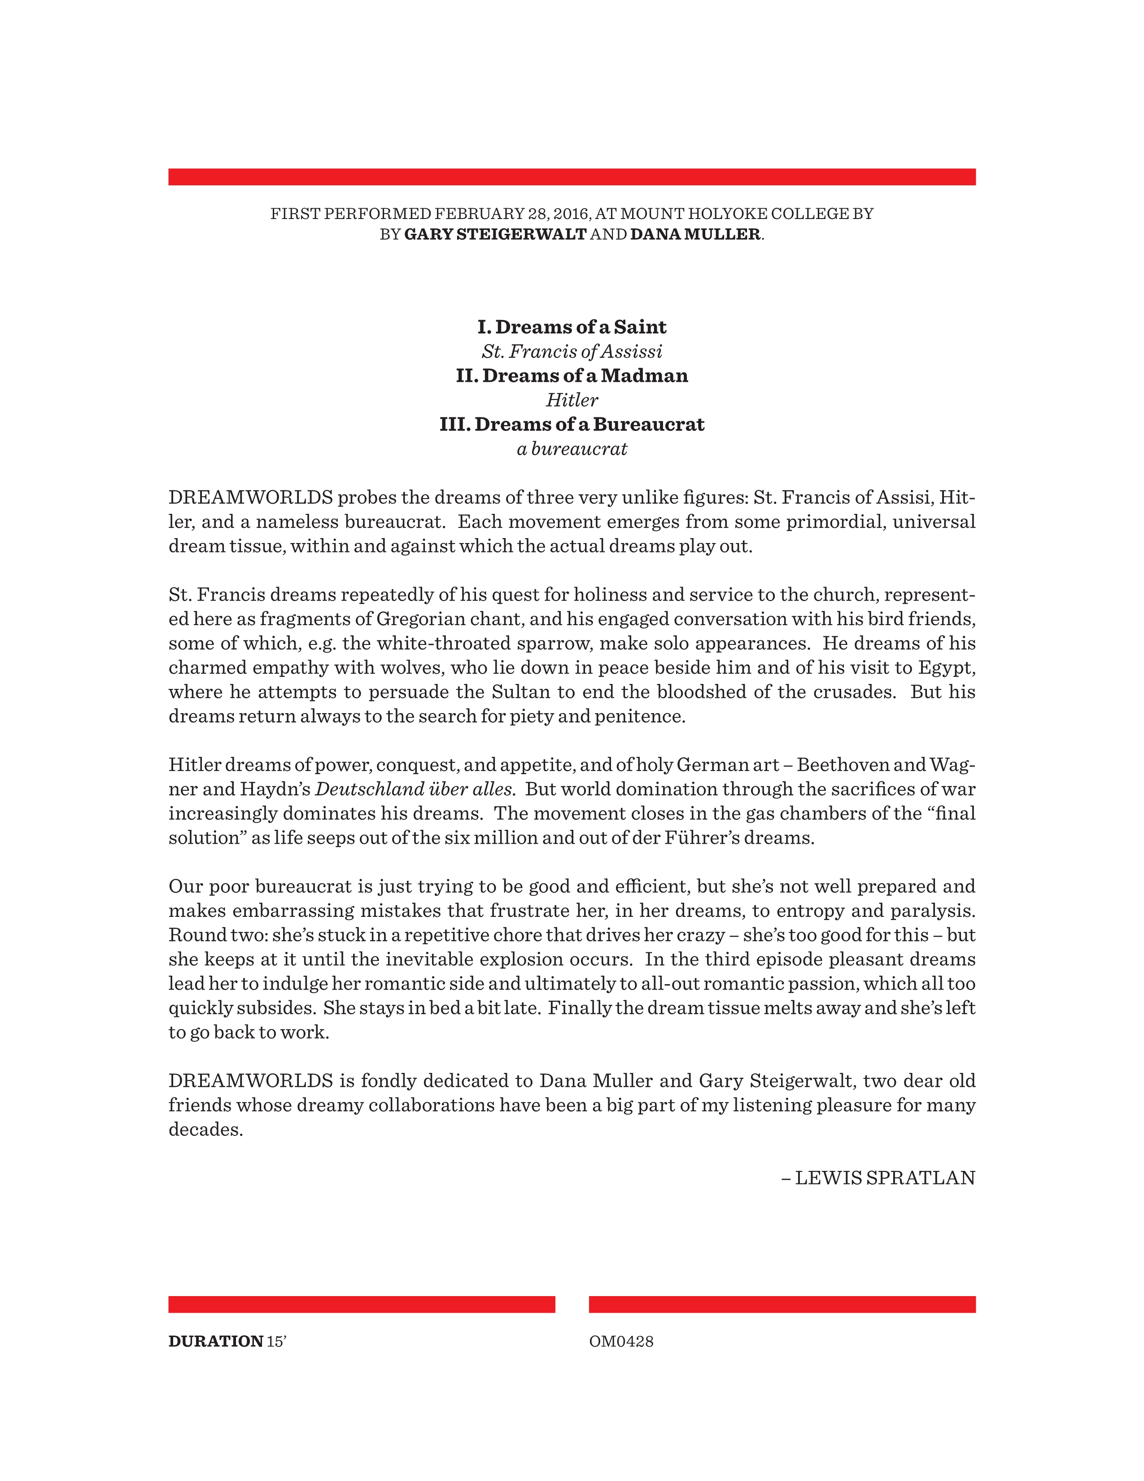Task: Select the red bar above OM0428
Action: [x=782, y=1304]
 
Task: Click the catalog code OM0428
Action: [x=621, y=1341]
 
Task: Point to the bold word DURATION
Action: [x=215, y=1341]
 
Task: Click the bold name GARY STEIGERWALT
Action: [x=495, y=235]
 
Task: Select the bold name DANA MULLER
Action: [x=694, y=235]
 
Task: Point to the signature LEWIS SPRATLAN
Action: [x=884, y=1178]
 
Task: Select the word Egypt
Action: [x=946, y=668]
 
